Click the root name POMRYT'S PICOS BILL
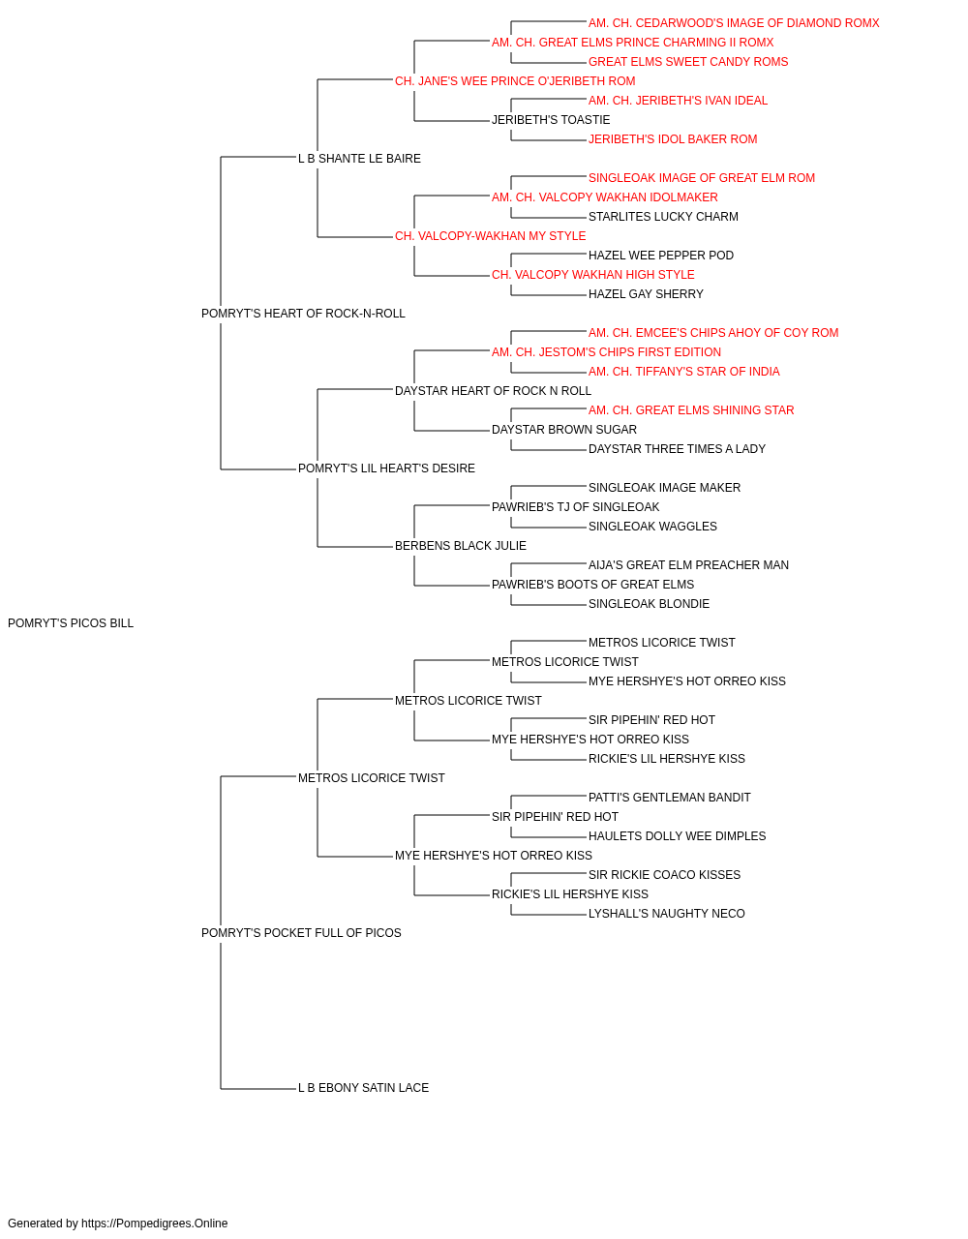coord(71,623)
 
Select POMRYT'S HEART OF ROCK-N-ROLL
coord(303,314)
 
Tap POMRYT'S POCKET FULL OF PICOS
coord(301,933)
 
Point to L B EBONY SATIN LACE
coord(363,1088)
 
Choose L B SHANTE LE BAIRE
coord(359,159)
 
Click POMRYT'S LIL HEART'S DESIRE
coord(386,468)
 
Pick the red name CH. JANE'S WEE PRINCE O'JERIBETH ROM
coord(515,81)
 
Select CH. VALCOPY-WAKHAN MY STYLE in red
coord(490,236)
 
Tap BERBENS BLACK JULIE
coord(461,546)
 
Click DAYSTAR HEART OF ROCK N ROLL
coord(493,390)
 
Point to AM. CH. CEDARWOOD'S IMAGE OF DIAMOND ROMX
coord(734,23)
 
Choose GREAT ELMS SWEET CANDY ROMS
coord(688,62)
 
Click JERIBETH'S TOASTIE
coord(551,120)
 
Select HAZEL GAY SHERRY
coord(646,294)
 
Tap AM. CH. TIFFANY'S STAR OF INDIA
coord(684,371)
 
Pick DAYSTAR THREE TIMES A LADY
coord(677,449)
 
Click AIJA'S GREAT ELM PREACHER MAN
coord(688,565)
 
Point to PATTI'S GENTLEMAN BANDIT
coord(669,797)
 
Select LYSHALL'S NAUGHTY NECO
coord(666,914)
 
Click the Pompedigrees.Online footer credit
coord(117,1224)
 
